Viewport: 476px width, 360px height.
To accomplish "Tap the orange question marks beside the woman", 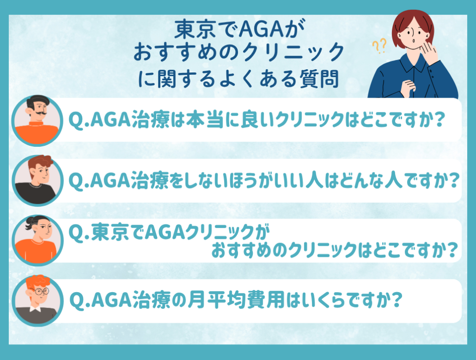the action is click(379, 46).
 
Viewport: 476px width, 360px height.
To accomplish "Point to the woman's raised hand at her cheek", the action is click(429, 52).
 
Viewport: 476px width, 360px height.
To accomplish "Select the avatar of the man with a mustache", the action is click(37, 120).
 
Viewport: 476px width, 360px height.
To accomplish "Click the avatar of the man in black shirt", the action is click(37, 180).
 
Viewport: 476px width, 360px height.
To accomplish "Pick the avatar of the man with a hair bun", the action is click(37, 241).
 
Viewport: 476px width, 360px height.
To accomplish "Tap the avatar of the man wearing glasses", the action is click(37, 301).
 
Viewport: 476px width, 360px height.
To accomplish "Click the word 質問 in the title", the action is click(319, 79).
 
